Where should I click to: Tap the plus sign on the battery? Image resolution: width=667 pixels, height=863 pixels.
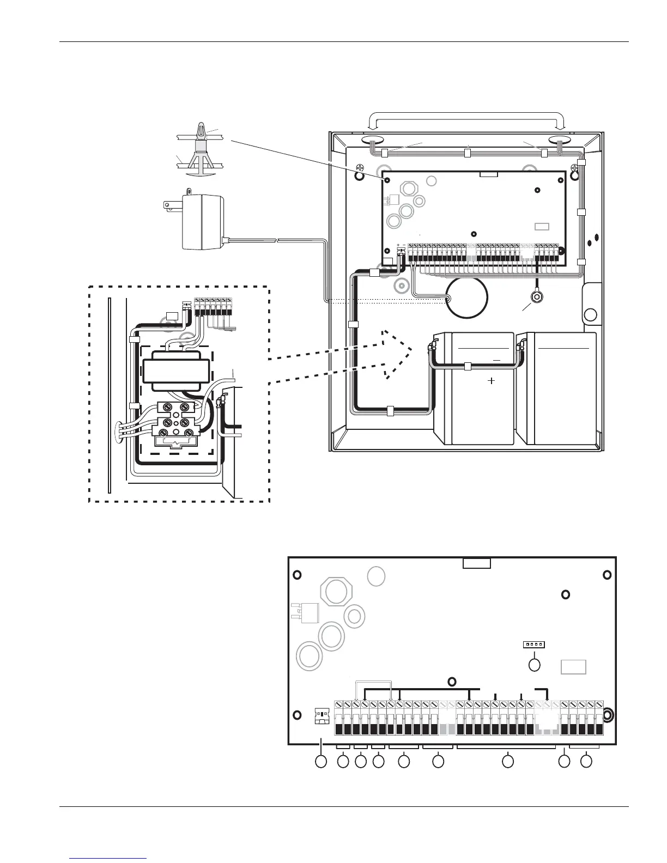click(491, 381)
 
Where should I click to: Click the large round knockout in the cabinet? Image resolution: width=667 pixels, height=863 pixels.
click(466, 297)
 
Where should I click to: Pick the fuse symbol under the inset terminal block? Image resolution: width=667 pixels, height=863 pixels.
click(174, 441)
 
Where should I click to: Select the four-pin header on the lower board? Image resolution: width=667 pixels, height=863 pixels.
click(534, 645)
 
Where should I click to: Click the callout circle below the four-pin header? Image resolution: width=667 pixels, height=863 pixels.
click(535, 665)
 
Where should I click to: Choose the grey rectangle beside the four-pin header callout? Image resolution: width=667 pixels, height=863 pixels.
click(574, 667)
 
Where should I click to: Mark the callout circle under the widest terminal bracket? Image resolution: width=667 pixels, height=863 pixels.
click(507, 762)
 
